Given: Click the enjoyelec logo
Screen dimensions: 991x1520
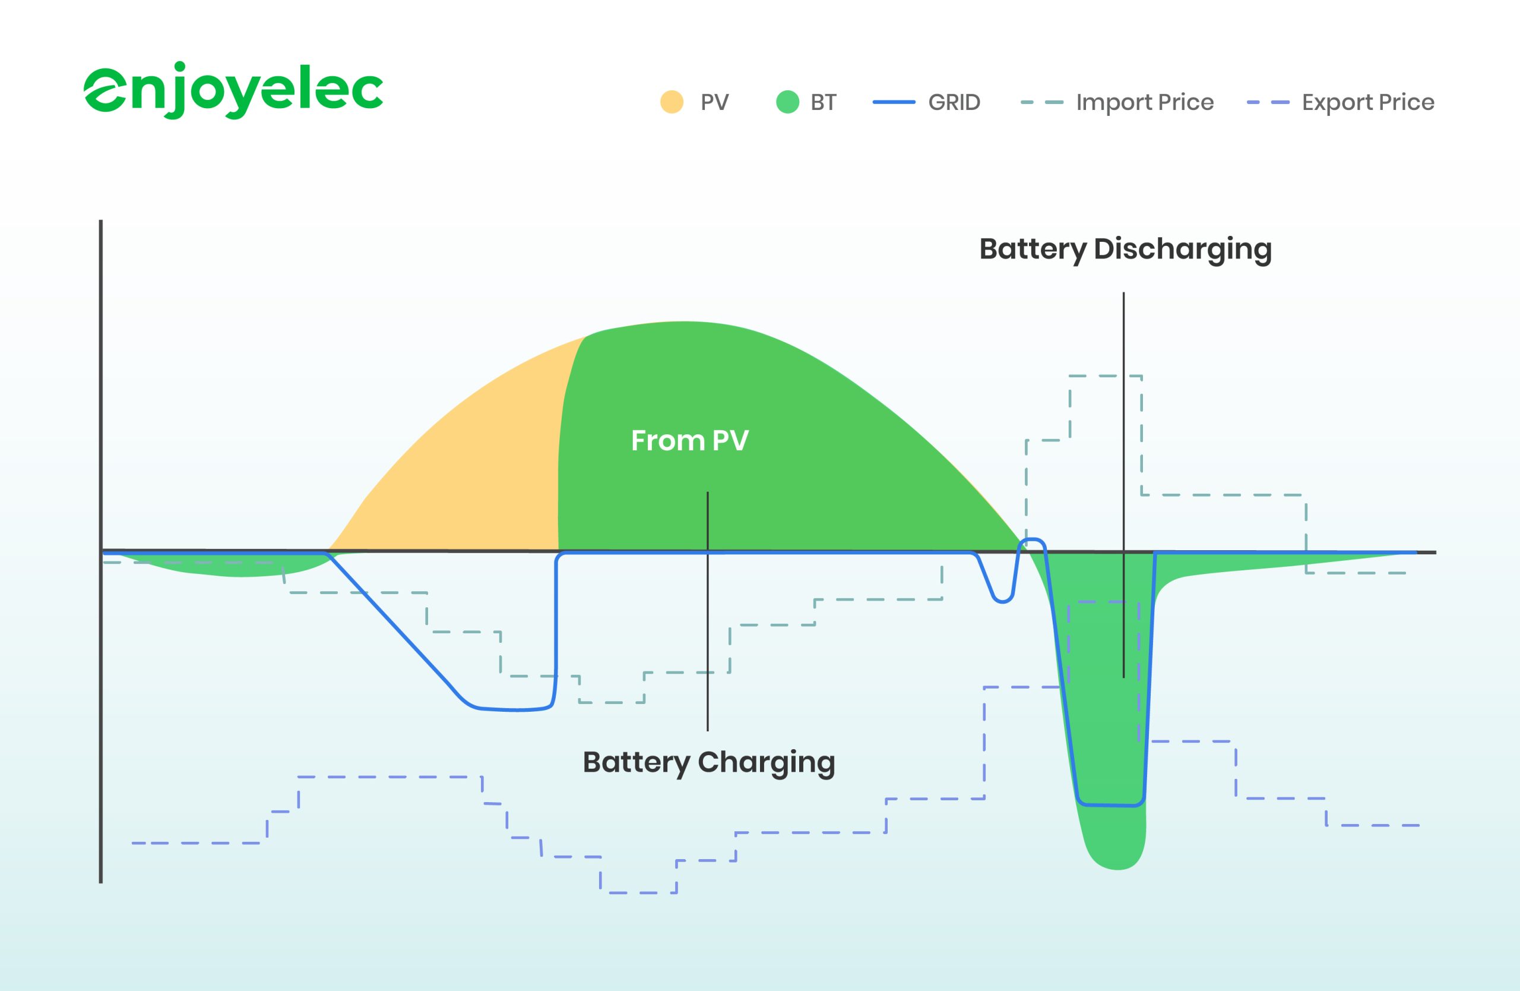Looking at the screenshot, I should tap(233, 90).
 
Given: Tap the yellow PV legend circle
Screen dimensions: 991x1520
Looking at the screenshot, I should tap(671, 102).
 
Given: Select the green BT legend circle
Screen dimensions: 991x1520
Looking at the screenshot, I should tap(787, 102).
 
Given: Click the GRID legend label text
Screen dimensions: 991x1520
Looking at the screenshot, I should tap(954, 102).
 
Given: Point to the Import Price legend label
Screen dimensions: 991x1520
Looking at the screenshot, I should tap(1145, 102).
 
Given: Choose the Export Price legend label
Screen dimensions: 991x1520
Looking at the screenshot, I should tap(1368, 102).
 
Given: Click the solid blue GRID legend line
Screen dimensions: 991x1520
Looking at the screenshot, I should tap(894, 102).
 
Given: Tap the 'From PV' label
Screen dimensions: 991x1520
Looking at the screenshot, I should tap(689, 440).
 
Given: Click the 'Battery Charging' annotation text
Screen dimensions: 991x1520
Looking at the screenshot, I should tap(708, 762).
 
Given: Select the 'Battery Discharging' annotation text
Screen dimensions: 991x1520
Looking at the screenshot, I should tap(1125, 248).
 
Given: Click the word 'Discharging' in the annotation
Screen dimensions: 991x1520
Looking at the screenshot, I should tap(1182, 248).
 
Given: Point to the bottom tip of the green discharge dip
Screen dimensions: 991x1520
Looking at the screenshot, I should tap(1117, 867).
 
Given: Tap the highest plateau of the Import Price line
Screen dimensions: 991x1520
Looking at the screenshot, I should tap(1106, 376).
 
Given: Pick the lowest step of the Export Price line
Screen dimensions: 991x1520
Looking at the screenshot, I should tap(639, 892).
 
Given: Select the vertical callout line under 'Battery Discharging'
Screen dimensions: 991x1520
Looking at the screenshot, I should tap(1123, 447).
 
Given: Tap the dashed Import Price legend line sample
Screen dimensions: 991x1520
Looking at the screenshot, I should tap(1041, 102).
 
